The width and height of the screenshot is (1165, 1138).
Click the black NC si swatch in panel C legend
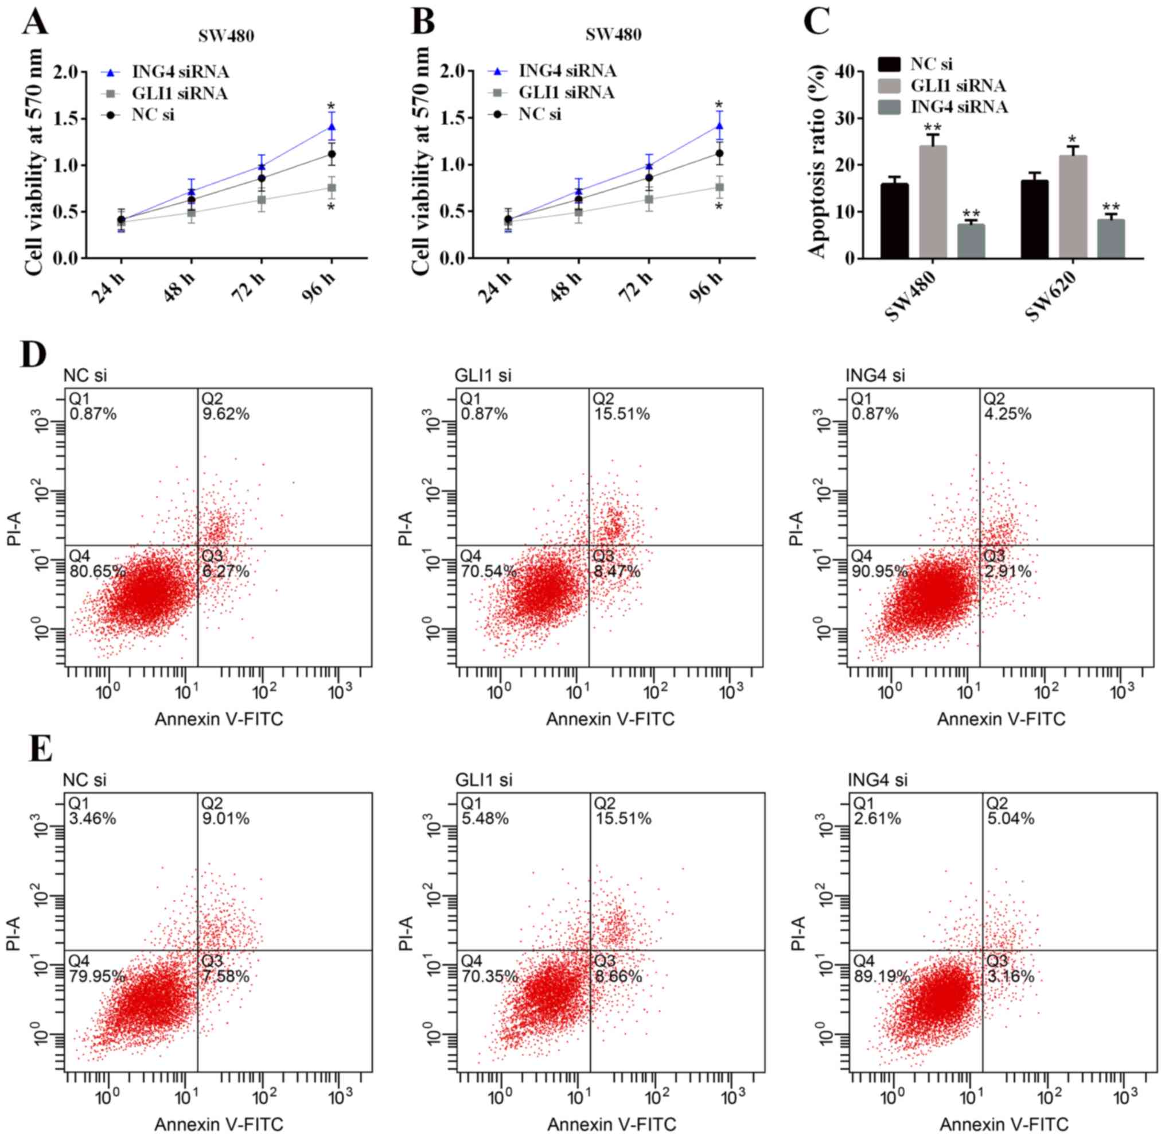pos(889,64)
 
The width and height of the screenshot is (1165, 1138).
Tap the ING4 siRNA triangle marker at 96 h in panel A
pos(332,127)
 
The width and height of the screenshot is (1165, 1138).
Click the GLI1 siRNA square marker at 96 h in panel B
pos(719,188)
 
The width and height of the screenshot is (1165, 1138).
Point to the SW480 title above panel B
pos(613,34)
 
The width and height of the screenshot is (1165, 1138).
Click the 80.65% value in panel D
pos(98,571)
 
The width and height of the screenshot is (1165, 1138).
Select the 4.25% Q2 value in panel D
pos(1007,414)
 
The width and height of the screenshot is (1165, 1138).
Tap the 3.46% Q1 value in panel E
pos(93,818)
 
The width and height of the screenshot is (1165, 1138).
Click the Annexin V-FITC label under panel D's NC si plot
pos(219,720)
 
